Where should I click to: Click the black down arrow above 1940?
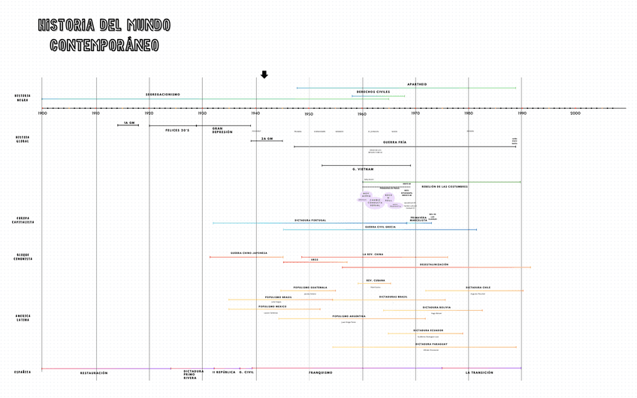coord(264,74)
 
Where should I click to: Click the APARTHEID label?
coord(417,84)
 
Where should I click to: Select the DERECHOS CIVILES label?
coord(373,92)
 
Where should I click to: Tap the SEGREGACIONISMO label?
coord(163,95)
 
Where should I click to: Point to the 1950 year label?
coord(309,113)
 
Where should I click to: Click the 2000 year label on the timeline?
coord(575,113)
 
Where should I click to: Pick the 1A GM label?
coord(129,122)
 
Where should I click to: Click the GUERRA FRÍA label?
coord(394,142)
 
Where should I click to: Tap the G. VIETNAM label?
coord(363,169)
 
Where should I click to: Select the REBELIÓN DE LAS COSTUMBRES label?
coord(445,186)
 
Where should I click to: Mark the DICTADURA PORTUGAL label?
coord(310,220)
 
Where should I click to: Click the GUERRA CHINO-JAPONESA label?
coord(249,253)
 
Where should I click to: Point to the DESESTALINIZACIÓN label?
coord(434,264)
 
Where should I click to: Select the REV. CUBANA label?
coord(376,280)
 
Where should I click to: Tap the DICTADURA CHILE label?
coord(478,287)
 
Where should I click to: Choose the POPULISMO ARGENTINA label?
coord(349,316)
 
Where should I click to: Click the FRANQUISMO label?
coord(321,372)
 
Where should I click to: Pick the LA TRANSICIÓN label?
coord(479,372)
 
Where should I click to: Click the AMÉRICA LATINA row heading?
coord(23,318)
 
